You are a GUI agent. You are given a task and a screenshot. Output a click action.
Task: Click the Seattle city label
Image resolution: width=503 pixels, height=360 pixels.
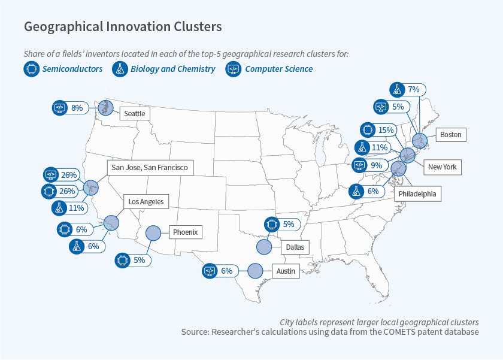point(135,113)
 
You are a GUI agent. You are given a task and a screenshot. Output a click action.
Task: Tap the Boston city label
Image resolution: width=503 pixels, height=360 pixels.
point(450,135)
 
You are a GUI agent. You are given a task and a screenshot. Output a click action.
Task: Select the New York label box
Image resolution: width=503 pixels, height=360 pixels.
point(442,167)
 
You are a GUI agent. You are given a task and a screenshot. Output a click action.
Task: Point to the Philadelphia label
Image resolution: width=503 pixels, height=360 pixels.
point(417,194)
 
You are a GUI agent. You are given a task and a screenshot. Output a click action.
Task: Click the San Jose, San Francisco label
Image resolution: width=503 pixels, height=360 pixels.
point(150,168)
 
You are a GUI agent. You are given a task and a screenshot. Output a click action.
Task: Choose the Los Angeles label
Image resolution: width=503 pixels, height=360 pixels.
point(146,202)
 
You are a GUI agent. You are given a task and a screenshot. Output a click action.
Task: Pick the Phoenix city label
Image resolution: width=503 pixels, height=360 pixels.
point(186,232)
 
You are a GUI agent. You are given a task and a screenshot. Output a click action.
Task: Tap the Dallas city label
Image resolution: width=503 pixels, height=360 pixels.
point(294,246)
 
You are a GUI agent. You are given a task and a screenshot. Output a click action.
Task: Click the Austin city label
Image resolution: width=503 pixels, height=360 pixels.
point(286,271)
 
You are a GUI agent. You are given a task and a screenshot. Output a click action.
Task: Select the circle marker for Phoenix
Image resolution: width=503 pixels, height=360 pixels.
point(153,232)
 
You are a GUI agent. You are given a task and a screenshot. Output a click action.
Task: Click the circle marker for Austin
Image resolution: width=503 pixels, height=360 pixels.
point(255,271)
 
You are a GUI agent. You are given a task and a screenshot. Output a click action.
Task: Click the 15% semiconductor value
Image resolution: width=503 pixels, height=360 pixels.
point(386,130)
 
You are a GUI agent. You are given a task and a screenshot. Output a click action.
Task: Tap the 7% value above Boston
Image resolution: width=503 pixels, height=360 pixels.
point(413,90)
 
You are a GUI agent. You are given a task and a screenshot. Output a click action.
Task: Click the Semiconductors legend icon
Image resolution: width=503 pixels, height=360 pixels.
point(31,69)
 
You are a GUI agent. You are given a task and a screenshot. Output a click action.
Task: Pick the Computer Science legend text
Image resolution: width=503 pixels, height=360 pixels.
point(278,69)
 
